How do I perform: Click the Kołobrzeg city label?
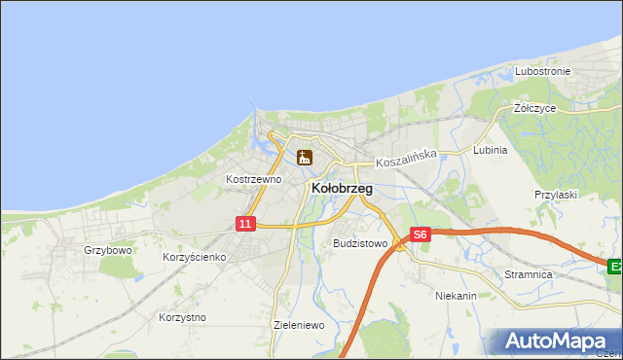tap(341, 189)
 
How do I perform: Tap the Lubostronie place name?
tap(543, 71)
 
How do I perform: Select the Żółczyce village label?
tap(534, 108)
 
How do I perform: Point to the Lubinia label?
tap(490, 151)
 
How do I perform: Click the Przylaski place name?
tap(556, 194)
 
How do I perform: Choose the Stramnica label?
tap(529, 274)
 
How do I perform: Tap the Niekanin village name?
tap(456, 294)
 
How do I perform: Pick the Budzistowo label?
tap(360, 243)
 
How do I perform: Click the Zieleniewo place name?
tap(299, 325)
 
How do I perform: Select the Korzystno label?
tap(182, 317)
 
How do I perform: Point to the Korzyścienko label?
tap(194, 257)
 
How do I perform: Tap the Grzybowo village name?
tap(107, 249)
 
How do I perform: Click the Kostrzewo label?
tap(253, 179)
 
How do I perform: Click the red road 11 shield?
tap(245, 224)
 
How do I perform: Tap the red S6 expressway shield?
tap(420, 234)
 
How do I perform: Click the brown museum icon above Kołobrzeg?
tap(305, 157)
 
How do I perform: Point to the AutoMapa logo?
tap(559, 341)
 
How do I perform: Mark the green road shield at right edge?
tap(615, 266)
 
